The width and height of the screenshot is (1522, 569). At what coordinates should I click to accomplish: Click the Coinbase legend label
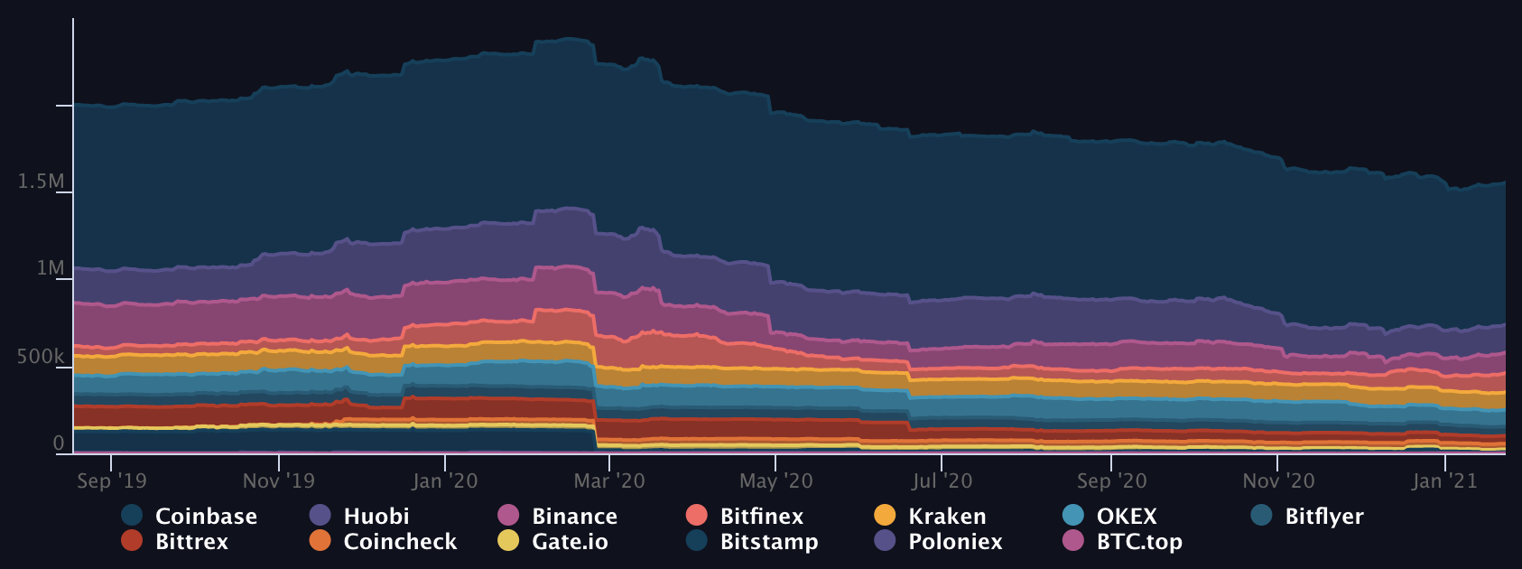tap(206, 516)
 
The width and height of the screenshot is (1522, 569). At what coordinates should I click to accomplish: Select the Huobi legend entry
tap(376, 516)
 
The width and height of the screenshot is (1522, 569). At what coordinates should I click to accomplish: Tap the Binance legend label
tap(574, 516)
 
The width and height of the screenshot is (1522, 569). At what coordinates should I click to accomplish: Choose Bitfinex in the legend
tap(761, 516)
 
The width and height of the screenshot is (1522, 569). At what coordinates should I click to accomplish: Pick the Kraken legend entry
tap(947, 516)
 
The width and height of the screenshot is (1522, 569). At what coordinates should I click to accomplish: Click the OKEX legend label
tap(1126, 516)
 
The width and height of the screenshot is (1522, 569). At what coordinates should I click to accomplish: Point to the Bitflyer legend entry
tap(1323, 516)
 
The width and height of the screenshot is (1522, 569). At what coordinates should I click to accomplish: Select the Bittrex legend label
tap(191, 541)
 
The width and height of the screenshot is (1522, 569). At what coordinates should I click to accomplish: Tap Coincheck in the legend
tap(400, 541)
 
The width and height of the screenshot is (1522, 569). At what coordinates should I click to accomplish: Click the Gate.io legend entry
tap(570, 541)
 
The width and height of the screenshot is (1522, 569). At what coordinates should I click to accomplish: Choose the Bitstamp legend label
tap(769, 541)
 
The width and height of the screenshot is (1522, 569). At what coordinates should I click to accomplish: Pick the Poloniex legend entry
tap(955, 541)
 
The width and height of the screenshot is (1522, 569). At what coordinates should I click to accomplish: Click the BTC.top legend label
tap(1139, 541)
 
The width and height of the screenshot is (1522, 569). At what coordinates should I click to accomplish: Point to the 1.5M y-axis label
tap(41, 182)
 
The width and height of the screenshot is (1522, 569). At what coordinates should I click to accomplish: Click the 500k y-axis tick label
tap(40, 357)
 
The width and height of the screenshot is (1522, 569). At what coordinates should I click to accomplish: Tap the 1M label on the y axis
tap(50, 268)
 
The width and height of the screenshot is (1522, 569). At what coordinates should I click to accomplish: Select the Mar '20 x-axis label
tap(609, 480)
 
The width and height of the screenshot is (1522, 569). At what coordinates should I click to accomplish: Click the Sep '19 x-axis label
tap(111, 480)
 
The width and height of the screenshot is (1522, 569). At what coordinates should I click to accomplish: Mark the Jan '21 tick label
tap(1444, 480)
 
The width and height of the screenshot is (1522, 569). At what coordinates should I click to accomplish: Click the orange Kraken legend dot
tap(885, 515)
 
